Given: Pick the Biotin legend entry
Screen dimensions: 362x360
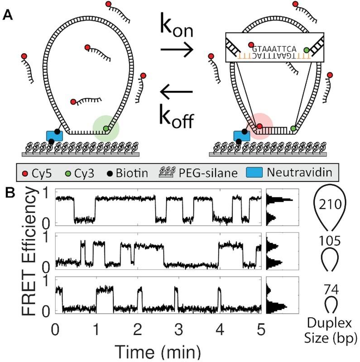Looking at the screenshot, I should point(144,172).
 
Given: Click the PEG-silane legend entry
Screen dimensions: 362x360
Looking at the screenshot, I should point(213,172).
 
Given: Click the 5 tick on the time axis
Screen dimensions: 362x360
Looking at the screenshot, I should point(261,327).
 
